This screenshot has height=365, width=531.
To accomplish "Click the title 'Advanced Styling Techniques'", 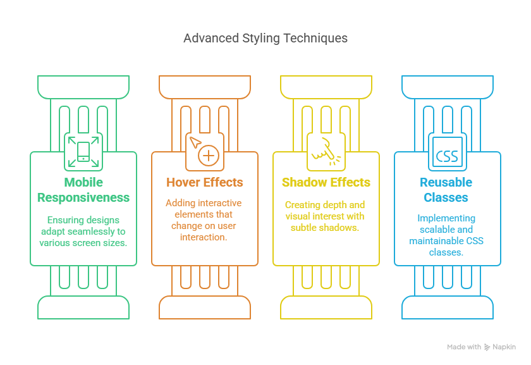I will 265,38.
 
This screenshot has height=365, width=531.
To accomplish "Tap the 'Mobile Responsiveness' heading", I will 83,190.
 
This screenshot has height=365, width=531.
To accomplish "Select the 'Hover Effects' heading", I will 205,182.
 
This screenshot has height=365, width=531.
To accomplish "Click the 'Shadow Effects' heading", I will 326,182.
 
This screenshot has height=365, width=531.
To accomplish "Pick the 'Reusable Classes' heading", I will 447,190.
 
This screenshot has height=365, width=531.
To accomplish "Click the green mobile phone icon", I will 83,152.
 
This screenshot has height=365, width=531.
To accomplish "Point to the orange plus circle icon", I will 207,156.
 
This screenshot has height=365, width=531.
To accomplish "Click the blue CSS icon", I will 447,155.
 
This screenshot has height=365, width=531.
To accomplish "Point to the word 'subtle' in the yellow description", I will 306,228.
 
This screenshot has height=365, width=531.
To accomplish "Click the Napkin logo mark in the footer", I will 487,347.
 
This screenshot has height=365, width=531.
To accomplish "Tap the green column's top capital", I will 83,87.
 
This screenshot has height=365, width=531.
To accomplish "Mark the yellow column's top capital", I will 326,87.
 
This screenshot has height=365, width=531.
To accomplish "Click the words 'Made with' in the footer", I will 464,347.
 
